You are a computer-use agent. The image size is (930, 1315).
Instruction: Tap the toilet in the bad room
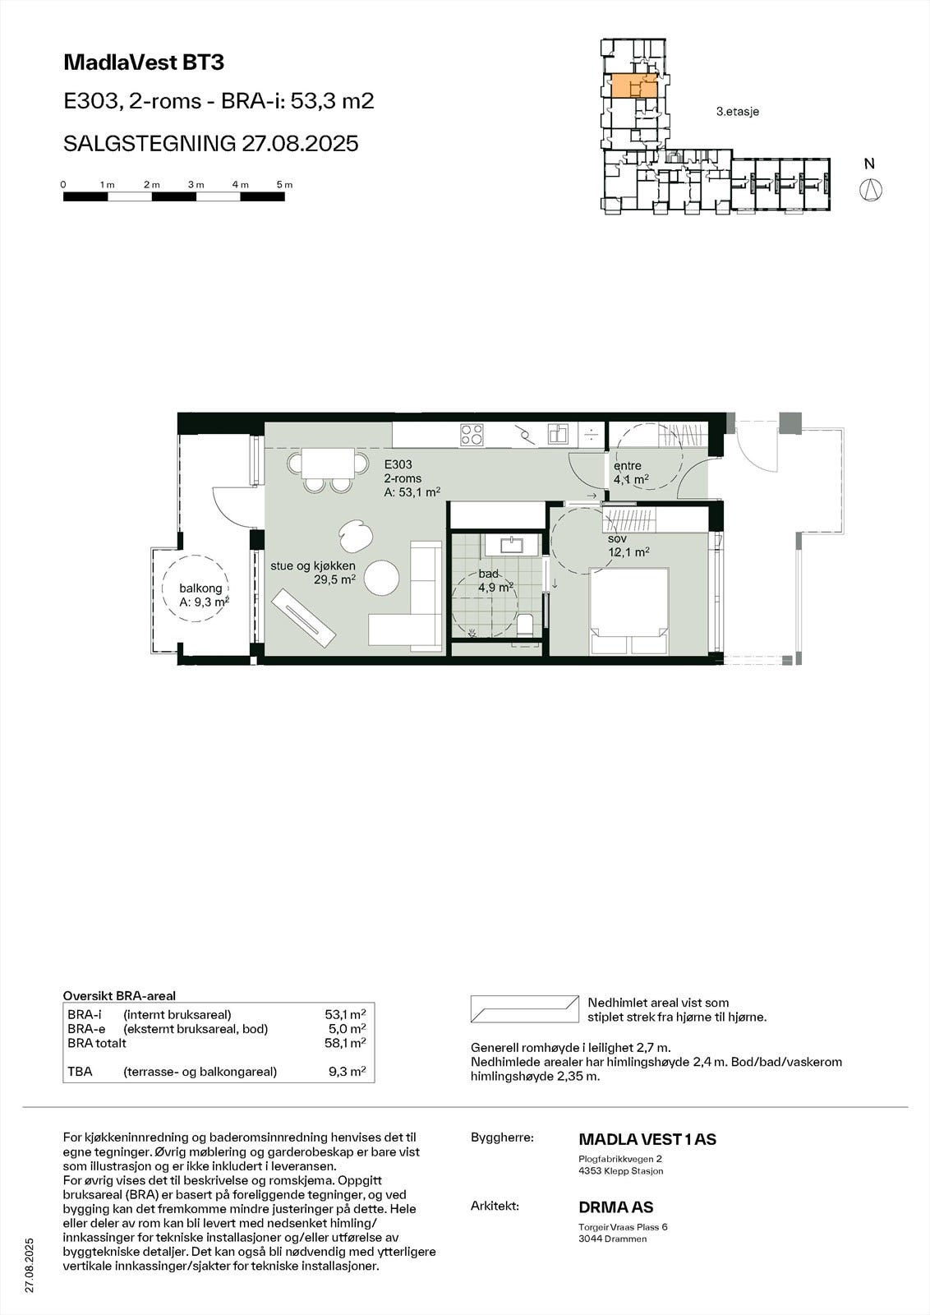point(526,625)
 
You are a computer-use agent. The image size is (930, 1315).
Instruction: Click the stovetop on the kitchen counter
point(472,434)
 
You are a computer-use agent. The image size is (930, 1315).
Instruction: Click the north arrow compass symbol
point(870,190)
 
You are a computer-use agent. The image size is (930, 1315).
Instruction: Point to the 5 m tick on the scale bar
point(284,186)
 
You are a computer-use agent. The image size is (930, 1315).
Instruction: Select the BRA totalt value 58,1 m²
point(345,1042)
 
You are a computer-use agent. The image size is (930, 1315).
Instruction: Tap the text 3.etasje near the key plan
point(737,111)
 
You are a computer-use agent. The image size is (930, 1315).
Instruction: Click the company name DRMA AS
point(616,1207)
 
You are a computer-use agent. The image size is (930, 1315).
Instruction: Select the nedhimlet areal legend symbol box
point(523,1008)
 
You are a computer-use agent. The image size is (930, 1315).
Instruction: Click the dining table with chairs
point(328,466)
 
